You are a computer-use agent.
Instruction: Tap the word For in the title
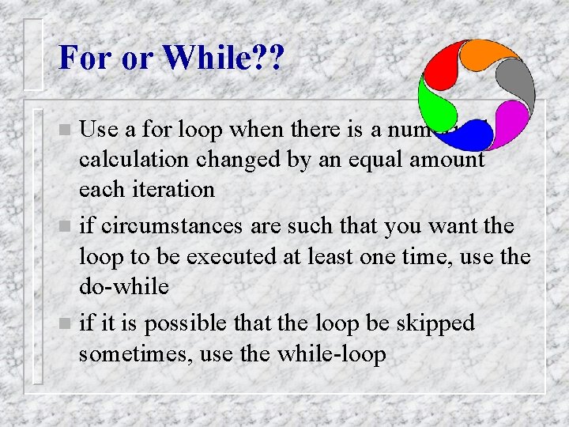(83, 58)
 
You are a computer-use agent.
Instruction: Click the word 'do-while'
(123, 285)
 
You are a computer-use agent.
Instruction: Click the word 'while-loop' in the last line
(332, 354)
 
